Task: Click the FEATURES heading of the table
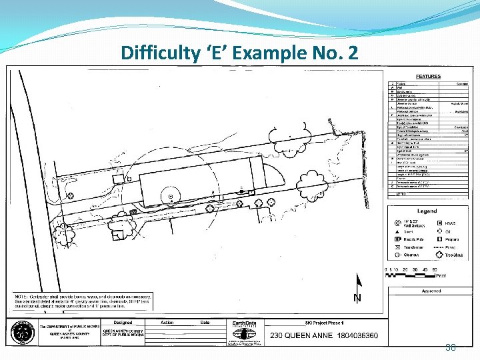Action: [427, 77]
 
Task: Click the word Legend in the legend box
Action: [427, 211]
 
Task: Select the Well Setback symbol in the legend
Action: [397, 223]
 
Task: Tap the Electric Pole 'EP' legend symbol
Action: [397, 239]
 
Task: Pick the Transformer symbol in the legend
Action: [397, 247]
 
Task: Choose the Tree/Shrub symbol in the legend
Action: [439, 255]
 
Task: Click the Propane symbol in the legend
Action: [439, 239]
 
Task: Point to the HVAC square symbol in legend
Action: [439, 223]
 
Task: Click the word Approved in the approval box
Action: [431, 291]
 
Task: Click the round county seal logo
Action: [23, 331]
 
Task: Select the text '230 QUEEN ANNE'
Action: [297, 335]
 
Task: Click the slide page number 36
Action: [450, 347]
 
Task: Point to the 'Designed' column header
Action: [123, 322]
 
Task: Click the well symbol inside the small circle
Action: [171, 196]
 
